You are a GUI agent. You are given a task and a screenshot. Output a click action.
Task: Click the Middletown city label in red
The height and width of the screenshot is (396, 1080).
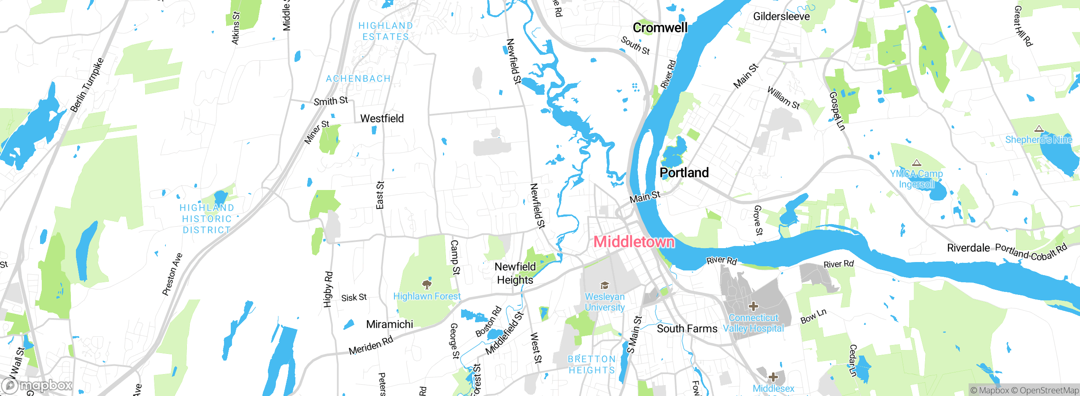coord(634,242)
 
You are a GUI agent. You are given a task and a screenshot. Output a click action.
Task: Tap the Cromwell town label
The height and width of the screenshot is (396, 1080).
coord(660,28)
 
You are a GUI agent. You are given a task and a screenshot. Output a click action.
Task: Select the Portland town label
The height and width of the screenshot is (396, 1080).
coord(684,172)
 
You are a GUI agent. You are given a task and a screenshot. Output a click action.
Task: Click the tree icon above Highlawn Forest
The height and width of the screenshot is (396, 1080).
coord(427,283)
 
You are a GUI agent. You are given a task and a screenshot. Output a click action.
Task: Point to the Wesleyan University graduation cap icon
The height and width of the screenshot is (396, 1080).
coord(605,286)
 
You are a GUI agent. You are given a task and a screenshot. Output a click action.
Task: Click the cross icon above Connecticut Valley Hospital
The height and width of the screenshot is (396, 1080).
coord(753,306)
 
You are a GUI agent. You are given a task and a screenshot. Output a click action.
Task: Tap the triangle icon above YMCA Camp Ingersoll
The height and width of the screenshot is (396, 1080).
coord(916,163)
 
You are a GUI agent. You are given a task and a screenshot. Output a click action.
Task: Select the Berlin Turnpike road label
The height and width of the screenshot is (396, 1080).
coord(87,85)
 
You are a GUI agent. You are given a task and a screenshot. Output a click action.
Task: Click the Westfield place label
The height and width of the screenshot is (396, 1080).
coord(382,118)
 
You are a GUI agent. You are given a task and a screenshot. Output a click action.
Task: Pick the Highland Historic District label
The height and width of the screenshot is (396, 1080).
coord(207,219)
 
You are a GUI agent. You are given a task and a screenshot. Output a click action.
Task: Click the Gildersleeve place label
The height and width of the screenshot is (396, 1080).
coord(781,16)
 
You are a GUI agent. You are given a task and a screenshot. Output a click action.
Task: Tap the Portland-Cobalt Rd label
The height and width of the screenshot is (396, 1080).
coord(1031,252)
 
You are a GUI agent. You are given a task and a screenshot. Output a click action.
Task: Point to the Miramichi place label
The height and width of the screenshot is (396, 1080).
coord(389,324)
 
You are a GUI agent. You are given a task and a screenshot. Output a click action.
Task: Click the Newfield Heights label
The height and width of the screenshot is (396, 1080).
coord(515,273)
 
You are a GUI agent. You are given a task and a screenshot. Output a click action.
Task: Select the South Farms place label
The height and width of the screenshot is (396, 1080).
coord(687,329)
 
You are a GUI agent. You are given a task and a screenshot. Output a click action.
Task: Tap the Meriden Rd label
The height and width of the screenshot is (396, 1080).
coord(371,345)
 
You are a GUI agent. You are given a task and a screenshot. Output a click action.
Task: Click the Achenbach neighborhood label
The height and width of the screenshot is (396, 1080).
coord(358,79)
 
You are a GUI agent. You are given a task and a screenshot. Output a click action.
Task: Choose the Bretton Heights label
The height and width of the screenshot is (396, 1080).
coord(591,364)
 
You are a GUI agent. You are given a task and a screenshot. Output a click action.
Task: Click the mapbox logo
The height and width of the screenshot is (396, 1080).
coord(37,385)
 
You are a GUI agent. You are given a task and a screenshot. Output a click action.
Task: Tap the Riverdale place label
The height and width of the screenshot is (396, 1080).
coord(968,248)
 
